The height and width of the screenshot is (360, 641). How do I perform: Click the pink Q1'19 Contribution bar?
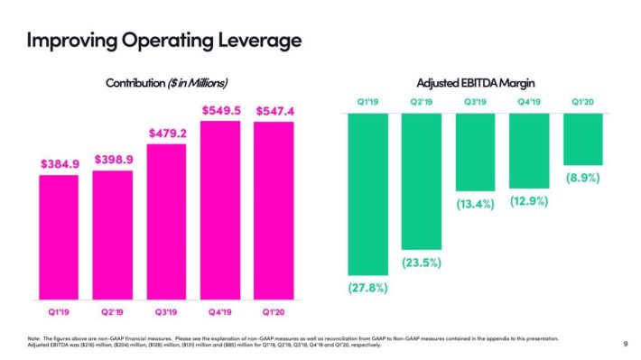click(x=59, y=237)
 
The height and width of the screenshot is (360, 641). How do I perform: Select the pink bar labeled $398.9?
click(x=113, y=235)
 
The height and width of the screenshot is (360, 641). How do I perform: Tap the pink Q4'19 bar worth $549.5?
click(x=220, y=210)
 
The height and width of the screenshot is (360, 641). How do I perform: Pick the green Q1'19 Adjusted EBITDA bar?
click(x=368, y=194)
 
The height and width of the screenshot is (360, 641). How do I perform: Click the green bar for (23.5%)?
click(x=422, y=181)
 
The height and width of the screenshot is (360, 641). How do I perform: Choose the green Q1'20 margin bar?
click(x=583, y=139)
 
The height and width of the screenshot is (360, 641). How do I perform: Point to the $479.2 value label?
click(x=168, y=134)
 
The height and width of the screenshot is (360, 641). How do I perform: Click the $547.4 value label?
click(x=275, y=111)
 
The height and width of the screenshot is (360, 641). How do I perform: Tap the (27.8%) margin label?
click(x=368, y=288)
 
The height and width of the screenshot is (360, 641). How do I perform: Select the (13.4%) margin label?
click(x=476, y=204)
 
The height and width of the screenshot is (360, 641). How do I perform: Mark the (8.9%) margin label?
click(x=583, y=178)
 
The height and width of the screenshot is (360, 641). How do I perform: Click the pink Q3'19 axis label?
click(x=166, y=312)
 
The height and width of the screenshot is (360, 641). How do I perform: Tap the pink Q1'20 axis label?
click(x=274, y=312)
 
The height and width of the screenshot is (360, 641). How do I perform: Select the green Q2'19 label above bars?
click(x=422, y=102)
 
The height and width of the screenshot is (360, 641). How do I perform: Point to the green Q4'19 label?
click(x=529, y=102)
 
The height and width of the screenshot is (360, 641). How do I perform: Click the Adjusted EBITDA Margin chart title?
click(x=476, y=83)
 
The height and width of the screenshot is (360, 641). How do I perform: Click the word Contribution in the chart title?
click(x=135, y=83)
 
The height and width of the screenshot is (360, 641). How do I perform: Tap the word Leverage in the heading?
click(x=260, y=41)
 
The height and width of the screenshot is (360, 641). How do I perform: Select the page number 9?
click(x=626, y=344)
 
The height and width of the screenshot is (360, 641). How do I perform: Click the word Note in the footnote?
click(x=33, y=338)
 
